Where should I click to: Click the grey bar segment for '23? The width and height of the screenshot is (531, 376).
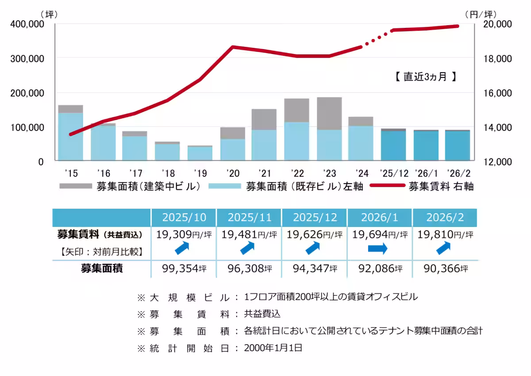coord(329,113)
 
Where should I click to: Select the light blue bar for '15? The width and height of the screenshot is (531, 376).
coord(71,136)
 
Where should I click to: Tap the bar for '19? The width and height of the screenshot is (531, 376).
coord(200,153)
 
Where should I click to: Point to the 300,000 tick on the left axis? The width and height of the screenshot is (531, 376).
coord(27,58)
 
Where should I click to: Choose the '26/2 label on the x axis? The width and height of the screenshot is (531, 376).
coord(458,173)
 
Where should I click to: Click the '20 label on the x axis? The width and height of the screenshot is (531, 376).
coord(232,173)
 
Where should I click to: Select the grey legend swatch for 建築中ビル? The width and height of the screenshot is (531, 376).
coord(75,186)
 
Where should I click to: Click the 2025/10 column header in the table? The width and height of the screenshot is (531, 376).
coord(183,217)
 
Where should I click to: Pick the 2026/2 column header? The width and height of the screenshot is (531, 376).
coord(445,217)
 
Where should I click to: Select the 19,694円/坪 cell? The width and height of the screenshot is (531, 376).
coord(380,234)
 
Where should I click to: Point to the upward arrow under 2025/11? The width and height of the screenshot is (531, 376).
coord(248,249)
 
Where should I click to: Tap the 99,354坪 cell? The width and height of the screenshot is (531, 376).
coord(183,268)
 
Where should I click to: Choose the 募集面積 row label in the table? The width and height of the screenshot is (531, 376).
coord(102,268)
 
